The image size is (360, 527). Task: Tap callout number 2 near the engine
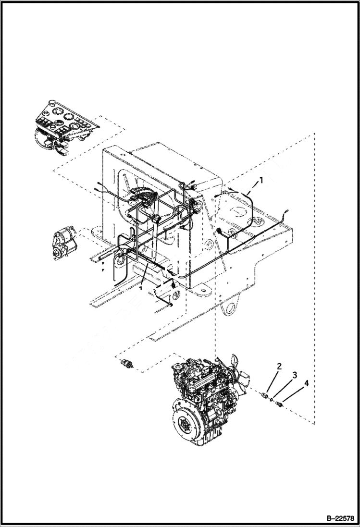coord(278,368)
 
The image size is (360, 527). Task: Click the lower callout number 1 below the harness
coord(141,289)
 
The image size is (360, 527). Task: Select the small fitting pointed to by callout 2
coord(265,395)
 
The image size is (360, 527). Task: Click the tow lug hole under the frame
coord(232,307)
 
